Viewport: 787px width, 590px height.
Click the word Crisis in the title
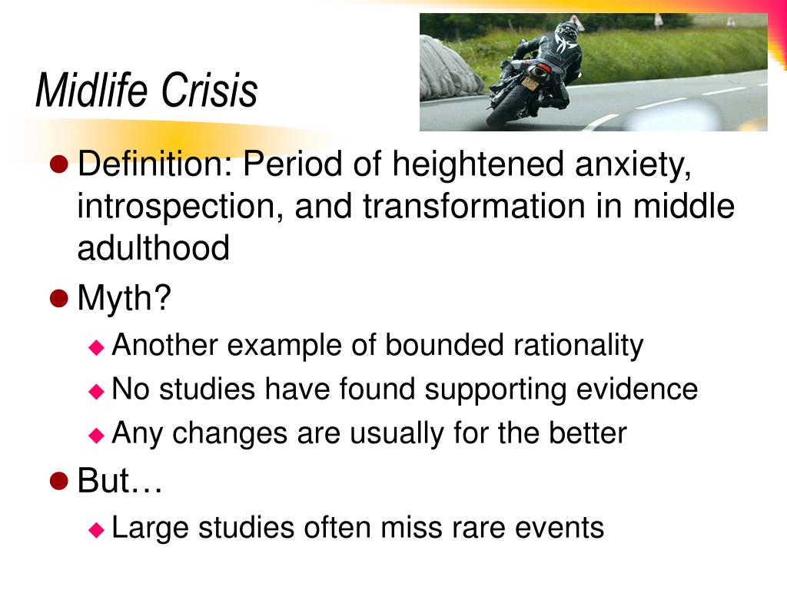[209, 91]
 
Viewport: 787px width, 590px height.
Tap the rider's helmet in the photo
[566, 30]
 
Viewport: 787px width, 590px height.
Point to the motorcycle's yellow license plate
[530, 83]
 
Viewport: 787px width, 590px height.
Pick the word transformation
[474, 206]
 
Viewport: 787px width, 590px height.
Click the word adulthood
[154, 248]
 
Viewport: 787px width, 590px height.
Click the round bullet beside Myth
[59, 299]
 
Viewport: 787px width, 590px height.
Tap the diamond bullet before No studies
[96, 391]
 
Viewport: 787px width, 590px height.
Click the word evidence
[637, 389]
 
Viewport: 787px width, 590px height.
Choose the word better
[588, 433]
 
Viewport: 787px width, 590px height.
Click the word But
[104, 480]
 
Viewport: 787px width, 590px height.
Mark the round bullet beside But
[59, 481]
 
